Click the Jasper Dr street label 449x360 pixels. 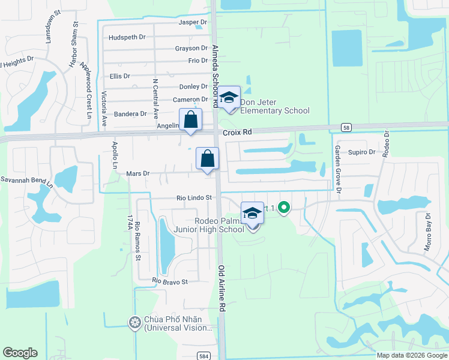[193, 22]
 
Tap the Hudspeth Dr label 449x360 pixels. [127, 37]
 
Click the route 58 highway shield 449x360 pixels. [346, 127]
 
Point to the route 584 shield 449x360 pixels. [204, 355]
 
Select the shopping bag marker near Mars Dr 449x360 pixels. [207, 159]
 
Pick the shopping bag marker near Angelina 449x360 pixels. [190, 119]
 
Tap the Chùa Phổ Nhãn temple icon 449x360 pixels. [134, 323]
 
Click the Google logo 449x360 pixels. [20, 353]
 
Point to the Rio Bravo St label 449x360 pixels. [170, 281]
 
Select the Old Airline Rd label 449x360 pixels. [221, 288]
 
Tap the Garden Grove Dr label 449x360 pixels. [337, 169]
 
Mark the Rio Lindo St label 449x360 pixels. [194, 197]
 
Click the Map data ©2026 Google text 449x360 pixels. [411, 355]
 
